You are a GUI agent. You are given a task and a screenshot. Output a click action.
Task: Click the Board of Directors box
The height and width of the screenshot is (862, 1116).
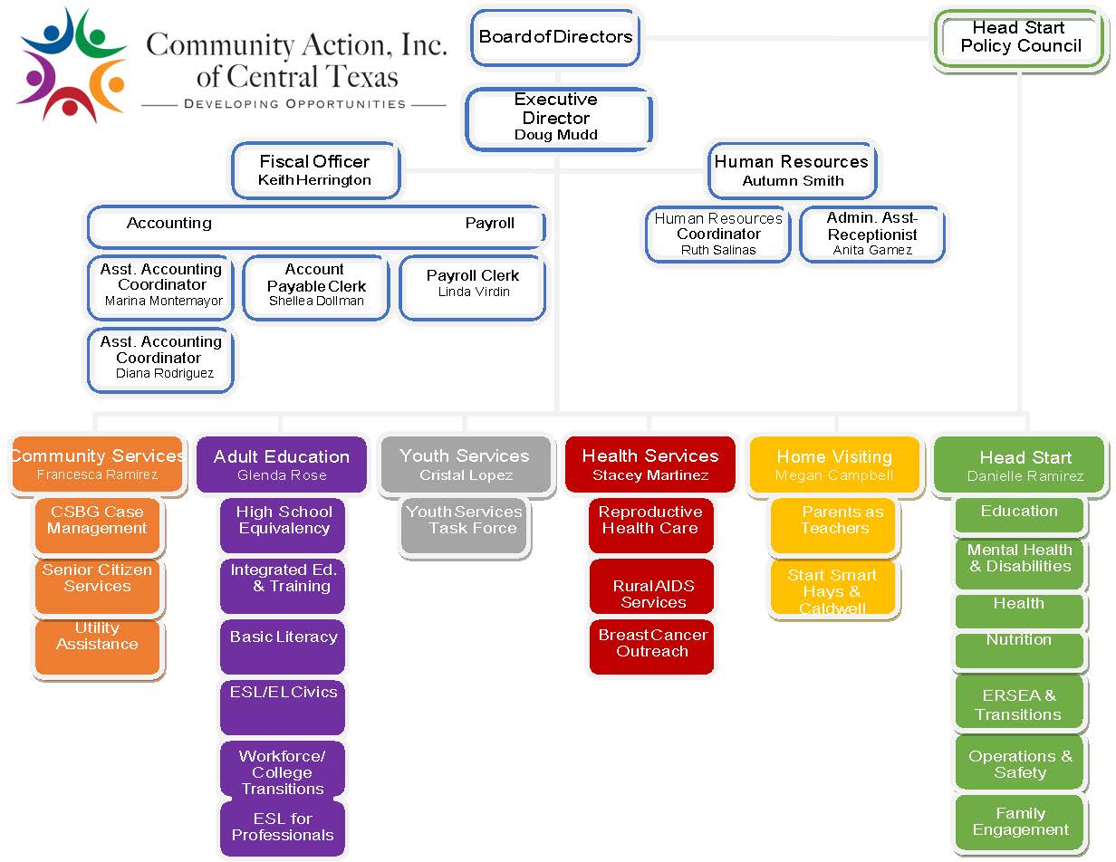pos(555,38)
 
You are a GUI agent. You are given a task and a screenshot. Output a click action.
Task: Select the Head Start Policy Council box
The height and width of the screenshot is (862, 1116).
pos(1021,38)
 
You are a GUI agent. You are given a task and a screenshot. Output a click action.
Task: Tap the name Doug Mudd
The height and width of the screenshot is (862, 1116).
pos(555,135)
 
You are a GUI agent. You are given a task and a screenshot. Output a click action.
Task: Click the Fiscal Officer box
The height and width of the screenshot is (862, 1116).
pos(314,170)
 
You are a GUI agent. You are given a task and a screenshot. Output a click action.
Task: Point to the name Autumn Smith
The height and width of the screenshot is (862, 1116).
pos(793,181)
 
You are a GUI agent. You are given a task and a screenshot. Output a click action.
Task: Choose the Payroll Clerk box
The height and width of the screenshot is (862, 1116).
pos(473,284)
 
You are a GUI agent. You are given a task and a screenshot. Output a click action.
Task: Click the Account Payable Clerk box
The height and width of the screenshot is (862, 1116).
pos(315,285)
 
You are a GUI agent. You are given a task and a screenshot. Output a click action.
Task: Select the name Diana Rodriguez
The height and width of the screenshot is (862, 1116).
pos(165,373)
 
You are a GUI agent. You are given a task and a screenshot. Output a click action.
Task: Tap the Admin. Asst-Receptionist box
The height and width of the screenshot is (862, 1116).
pos(872,234)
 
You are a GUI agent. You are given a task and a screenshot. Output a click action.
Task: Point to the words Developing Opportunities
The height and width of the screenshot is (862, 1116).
pos(294,104)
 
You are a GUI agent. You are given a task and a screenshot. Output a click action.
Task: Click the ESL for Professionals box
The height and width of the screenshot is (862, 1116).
pos(282,827)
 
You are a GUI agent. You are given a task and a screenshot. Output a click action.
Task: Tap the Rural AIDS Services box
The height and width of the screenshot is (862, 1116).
pos(652,594)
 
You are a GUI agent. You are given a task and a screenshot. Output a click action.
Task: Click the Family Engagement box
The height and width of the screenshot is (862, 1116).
pos(1020,821)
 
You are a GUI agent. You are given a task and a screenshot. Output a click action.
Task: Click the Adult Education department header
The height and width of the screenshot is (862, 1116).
pos(282,465)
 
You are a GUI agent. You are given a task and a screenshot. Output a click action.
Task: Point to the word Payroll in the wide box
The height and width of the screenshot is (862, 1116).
pos(489,224)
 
